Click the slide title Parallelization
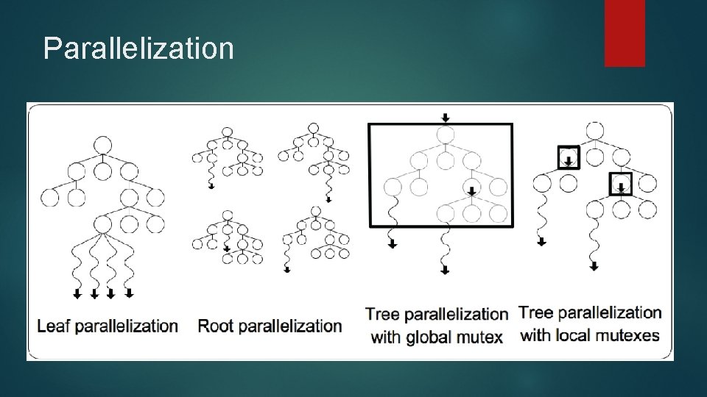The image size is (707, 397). (138, 49)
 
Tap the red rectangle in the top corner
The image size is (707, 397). (625, 33)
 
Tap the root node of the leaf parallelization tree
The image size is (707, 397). (102, 145)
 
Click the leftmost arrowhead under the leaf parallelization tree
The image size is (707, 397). (77, 295)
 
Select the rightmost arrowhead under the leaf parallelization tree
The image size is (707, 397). (130, 294)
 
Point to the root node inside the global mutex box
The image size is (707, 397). (445, 135)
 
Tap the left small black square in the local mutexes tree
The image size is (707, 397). (568, 157)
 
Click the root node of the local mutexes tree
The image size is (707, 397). (594, 131)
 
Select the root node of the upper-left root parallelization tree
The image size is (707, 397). (227, 132)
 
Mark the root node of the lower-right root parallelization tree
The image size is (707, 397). (314, 212)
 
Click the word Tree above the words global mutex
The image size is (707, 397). (383, 314)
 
